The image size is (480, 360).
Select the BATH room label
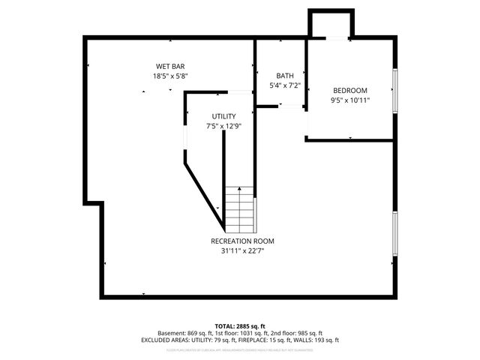pyautogui.click(x=285, y=76)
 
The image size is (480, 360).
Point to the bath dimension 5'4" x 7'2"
pyautogui.click(x=285, y=85)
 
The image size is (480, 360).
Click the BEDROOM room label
pyautogui.click(x=350, y=90)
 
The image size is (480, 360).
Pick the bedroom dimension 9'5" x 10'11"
pyautogui.click(x=350, y=100)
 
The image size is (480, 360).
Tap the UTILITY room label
pyautogui.click(x=223, y=116)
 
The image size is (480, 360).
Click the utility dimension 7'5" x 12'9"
pyautogui.click(x=223, y=126)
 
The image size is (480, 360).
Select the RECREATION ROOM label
pyautogui.click(x=242, y=241)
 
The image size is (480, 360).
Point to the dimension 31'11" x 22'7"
pyautogui.click(x=242, y=250)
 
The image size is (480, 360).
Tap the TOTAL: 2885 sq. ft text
pyautogui.click(x=240, y=325)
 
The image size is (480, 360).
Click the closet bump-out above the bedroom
pyautogui.click(x=329, y=24)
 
